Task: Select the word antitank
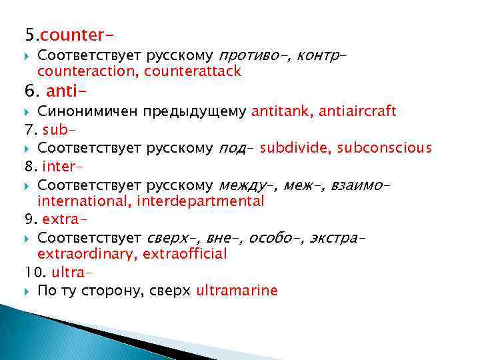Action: (279, 111)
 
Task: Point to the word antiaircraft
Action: (357, 111)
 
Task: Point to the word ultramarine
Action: (237, 291)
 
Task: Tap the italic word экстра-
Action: (339, 237)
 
